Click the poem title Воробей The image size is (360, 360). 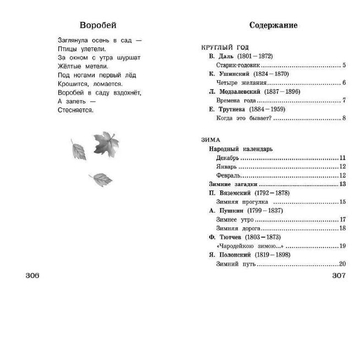(x=98, y=25)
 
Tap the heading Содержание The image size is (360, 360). (x=273, y=25)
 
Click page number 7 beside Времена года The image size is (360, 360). (x=343, y=100)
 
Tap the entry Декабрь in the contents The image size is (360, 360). (x=227, y=157)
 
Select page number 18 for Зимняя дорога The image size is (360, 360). (x=342, y=228)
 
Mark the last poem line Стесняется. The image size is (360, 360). (x=75, y=110)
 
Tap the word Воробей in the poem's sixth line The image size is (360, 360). (x=72, y=92)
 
